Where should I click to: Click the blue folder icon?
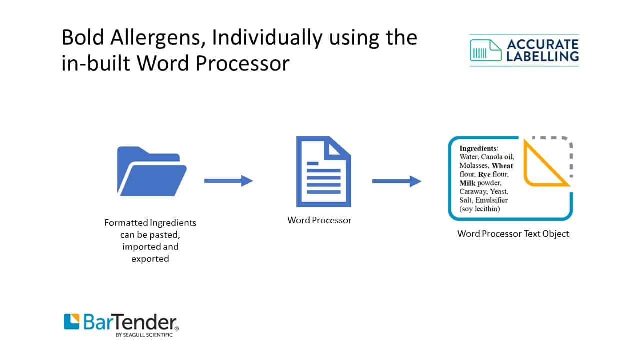pyautogui.click(x=152, y=171)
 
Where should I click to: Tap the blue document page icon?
pyautogui.click(x=323, y=171)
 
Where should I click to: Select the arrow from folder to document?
pyautogui.click(x=228, y=181)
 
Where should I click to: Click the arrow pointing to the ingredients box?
pyautogui.click(x=397, y=181)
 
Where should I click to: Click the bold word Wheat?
pyautogui.click(x=502, y=166)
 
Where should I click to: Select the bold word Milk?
pyautogui.click(x=467, y=183)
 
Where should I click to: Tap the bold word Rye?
pyautogui.click(x=484, y=174)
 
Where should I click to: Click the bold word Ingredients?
pyautogui.click(x=478, y=148)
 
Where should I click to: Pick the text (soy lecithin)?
pyautogui.click(x=479, y=209)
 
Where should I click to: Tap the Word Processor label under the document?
pyautogui.click(x=319, y=220)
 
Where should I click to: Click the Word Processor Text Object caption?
pyautogui.click(x=513, y=234)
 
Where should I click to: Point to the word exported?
pyautogui.click(x=150, y=259)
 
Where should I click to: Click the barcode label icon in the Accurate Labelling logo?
pyautogui.click(x=485, y=50)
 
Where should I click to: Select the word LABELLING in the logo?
pyautogui.click(x=542, y=56)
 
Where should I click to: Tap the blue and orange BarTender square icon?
pyautogui.click(x=71, y=321)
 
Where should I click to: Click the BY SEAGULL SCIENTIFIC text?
pyautogui.click(x=144, y=335)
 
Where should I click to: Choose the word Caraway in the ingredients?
pyautogui.click(x=472, y=191)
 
